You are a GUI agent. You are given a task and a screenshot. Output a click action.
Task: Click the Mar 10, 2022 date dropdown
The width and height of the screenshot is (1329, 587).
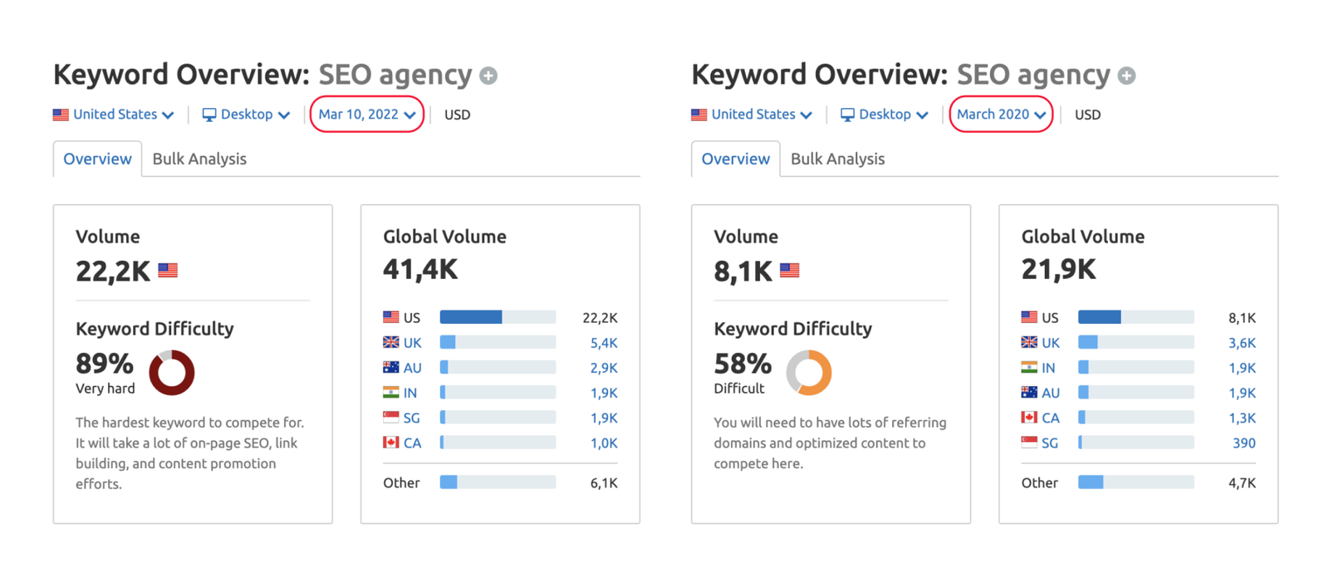[366, 115]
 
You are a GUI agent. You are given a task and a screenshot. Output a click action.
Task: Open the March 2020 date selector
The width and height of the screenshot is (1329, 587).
[1001, 115]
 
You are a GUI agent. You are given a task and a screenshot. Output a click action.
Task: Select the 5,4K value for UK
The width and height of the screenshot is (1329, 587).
[603, 343]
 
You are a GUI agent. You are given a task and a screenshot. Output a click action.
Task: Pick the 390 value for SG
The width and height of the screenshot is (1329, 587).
[1243, 443]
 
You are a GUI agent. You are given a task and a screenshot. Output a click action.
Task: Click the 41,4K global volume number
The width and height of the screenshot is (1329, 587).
[420, 270]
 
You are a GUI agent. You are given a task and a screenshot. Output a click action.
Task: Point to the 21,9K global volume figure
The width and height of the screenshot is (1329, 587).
[1058, 270]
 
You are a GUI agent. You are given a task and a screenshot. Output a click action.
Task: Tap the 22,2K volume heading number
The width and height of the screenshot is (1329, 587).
[113, 271]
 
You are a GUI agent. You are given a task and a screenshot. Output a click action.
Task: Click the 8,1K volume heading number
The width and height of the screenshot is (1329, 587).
[743, 271]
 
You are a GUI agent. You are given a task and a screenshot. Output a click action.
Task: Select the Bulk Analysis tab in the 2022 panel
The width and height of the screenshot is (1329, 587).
[199, 159]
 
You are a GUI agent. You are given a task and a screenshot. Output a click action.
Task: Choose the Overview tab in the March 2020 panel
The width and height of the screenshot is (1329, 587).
[736, 159]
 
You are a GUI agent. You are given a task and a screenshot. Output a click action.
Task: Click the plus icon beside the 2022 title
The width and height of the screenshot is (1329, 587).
[488, 76]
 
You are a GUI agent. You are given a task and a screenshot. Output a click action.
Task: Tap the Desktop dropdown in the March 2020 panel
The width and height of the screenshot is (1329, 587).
[884, 115]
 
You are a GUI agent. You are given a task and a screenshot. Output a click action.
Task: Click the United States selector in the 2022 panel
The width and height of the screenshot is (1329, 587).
[113, 115]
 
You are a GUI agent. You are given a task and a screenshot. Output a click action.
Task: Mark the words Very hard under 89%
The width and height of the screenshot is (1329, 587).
[105, 389]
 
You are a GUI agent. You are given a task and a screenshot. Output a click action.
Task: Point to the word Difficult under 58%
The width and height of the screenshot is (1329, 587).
[738, 389]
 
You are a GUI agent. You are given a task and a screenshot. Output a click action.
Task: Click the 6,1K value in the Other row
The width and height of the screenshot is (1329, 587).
[604, 483]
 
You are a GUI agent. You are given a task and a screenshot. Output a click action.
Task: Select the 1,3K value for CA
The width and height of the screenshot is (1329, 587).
[1242, 418]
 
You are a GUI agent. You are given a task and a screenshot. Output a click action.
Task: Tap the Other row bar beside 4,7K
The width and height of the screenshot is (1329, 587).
[1135, 482]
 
